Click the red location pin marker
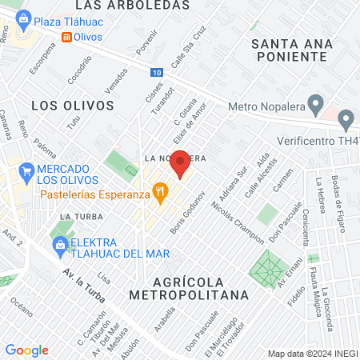pyautogui.click(x=181, y=163)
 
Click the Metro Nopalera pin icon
pyautogui.click(x=316, y=105)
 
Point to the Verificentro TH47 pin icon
pyautogui.click(x=346, y=122)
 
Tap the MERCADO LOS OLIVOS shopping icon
pyautogui.click(x=27, y=170)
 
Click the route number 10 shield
pyautogui.click(x=155, y=73)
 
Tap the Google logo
pyautogui.click(x=26, y=350)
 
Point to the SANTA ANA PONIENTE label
pyautogui.click(x=289, y=50)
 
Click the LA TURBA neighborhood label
pyautogui.click(x=78, y=217)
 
